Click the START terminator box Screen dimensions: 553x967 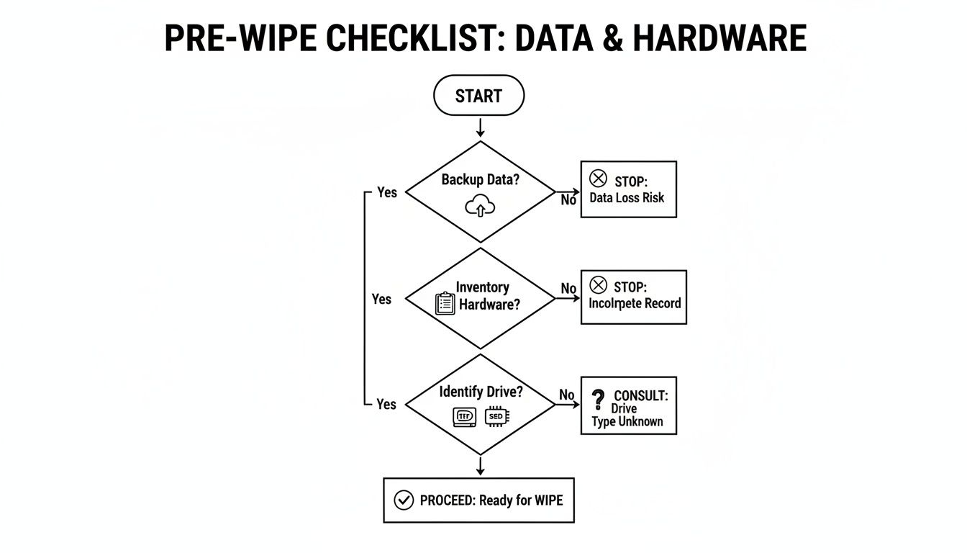click(x=478, y=96)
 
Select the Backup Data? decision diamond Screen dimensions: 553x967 click(x=480, y=192)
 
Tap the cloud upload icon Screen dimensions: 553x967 click(x=480, y=207)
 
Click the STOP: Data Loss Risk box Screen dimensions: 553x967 click(x=628, y=189)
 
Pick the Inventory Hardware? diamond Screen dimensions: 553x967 click(x=480, y=298)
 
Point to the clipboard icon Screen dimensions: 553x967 click(x=446, y=303)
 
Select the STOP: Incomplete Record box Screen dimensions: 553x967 click(x=633, y=297)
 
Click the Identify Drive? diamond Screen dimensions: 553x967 click(x=480, y=404)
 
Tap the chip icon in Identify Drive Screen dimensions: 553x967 click(x=496, y=416)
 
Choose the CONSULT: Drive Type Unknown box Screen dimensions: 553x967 click(x=628, y=405)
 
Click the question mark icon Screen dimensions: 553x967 click(x=597, y=400)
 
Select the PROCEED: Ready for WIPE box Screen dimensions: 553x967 click(x=478, y=500)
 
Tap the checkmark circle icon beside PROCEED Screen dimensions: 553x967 click(x=404, y=500)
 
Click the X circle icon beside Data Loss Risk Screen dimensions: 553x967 click(x=598, y=179)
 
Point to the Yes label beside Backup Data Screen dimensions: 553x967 click(x=387, y=192)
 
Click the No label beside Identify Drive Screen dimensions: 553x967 click(x=567, y=395)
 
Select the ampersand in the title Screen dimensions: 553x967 click(x=610, y=38)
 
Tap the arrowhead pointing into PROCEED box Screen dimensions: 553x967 click(x=480, y=472)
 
